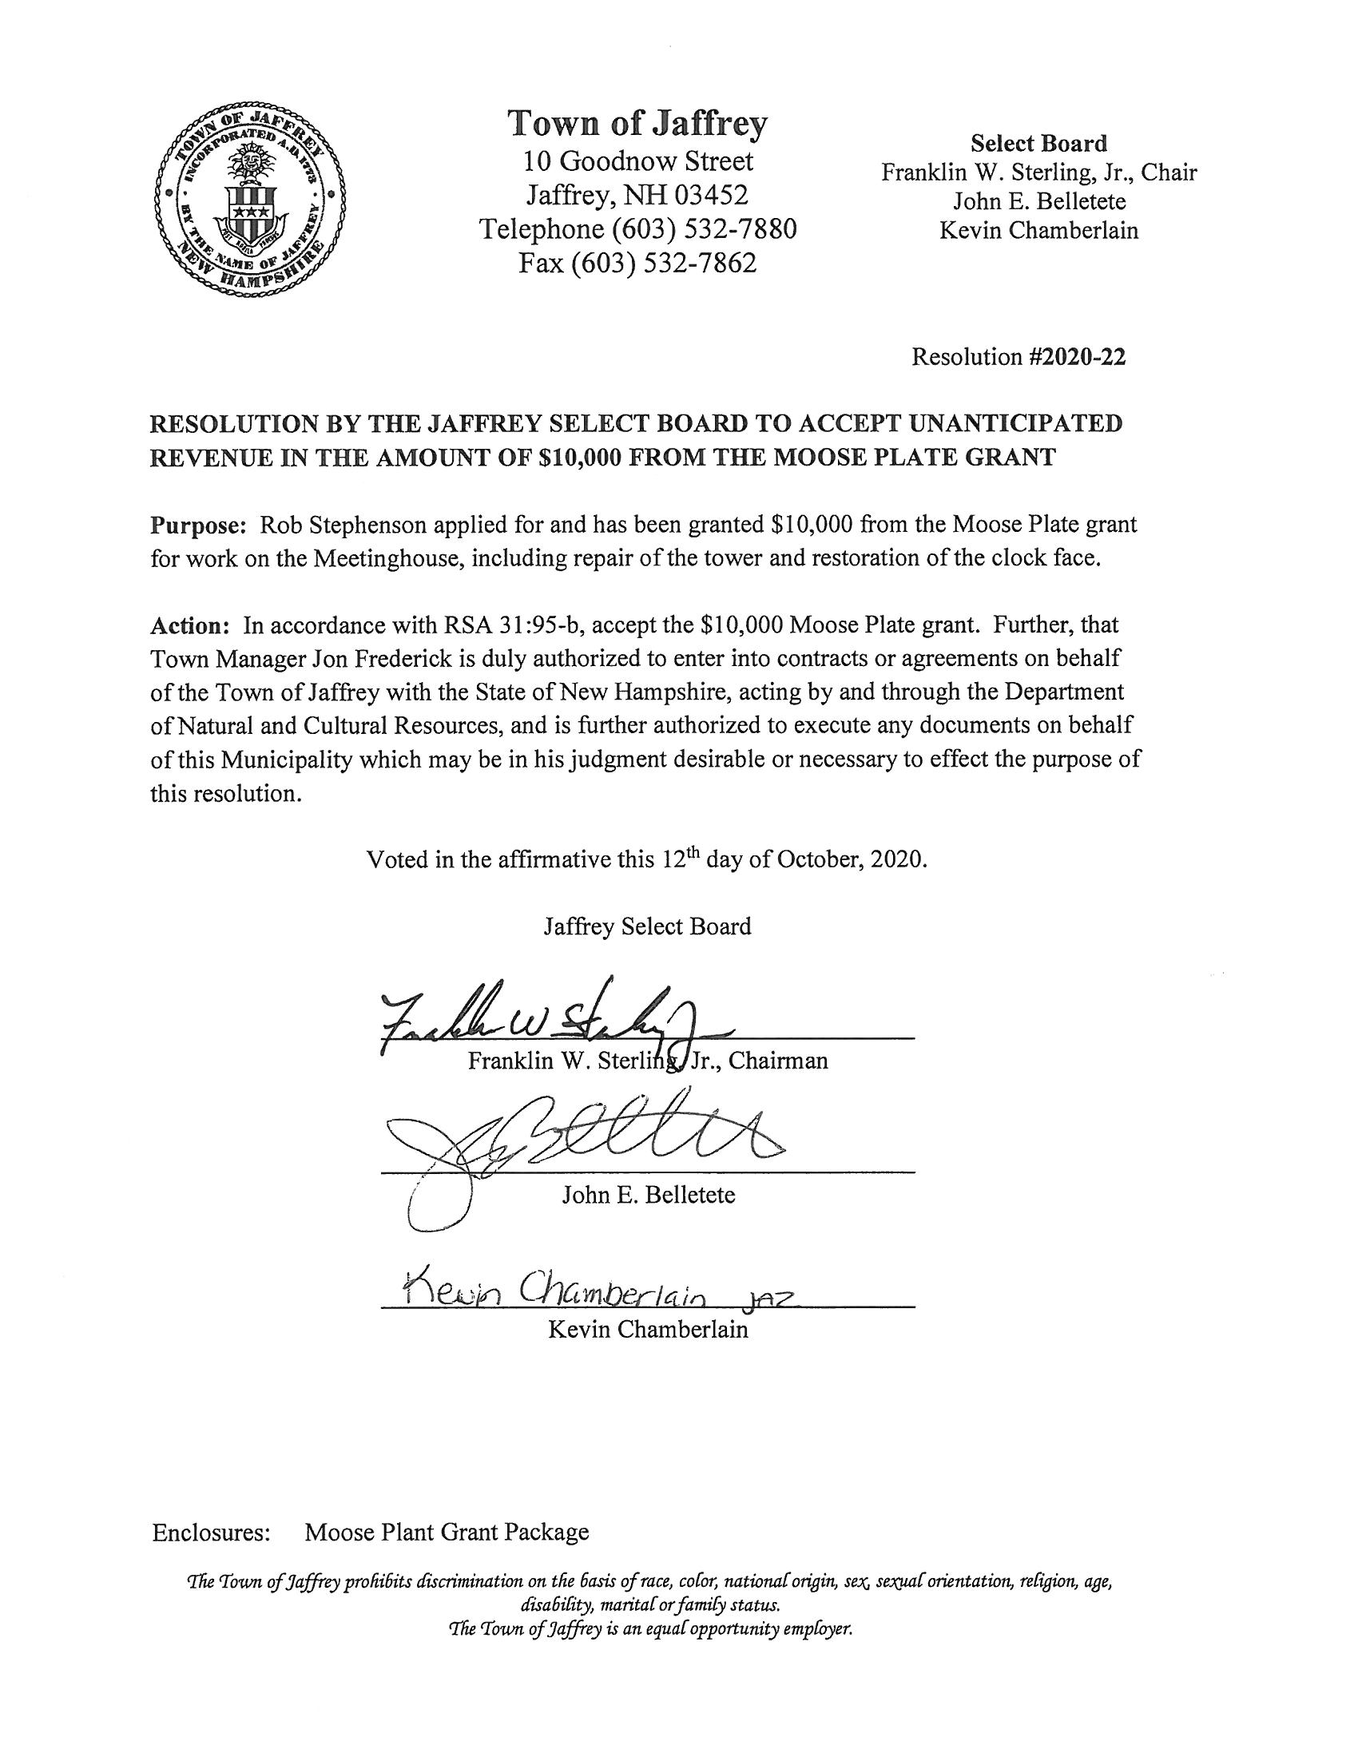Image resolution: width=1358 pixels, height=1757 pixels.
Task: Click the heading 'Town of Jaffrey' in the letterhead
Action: point(637,125)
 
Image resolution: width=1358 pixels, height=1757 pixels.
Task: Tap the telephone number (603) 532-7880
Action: point(704,229)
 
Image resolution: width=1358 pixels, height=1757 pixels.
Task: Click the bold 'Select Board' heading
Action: point(1038,144)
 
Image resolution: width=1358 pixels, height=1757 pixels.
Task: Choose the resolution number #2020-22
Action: point(1077,356)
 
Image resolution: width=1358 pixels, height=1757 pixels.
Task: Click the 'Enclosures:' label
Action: point(211,1532)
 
